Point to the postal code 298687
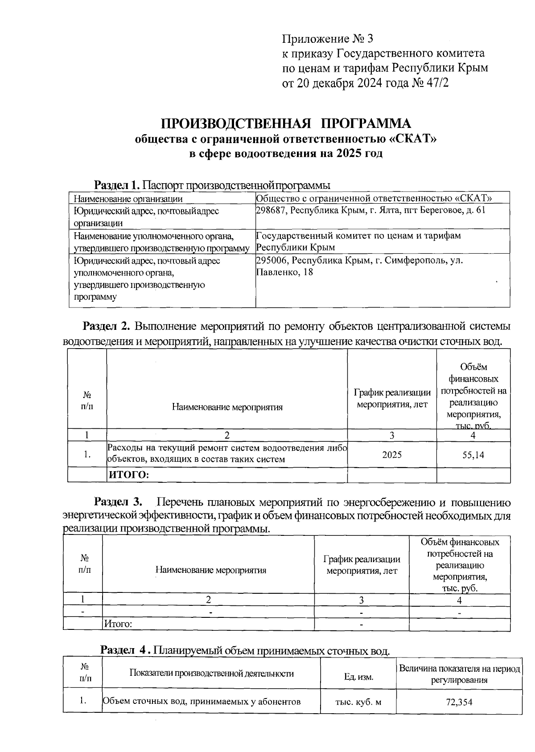coord(272,210)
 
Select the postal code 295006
coord(272,260)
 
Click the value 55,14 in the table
coord(473,455)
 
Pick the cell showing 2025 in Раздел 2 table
coord(392,455)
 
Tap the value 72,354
coord(459,703)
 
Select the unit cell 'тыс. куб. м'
coord(358,702)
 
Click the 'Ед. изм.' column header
coord(358,677)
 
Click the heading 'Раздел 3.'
coord(118,502)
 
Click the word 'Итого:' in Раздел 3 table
coord(118,624)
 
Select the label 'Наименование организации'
coord(128,199)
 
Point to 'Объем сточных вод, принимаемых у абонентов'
coord(202,702)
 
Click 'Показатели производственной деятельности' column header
coord(211,673)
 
